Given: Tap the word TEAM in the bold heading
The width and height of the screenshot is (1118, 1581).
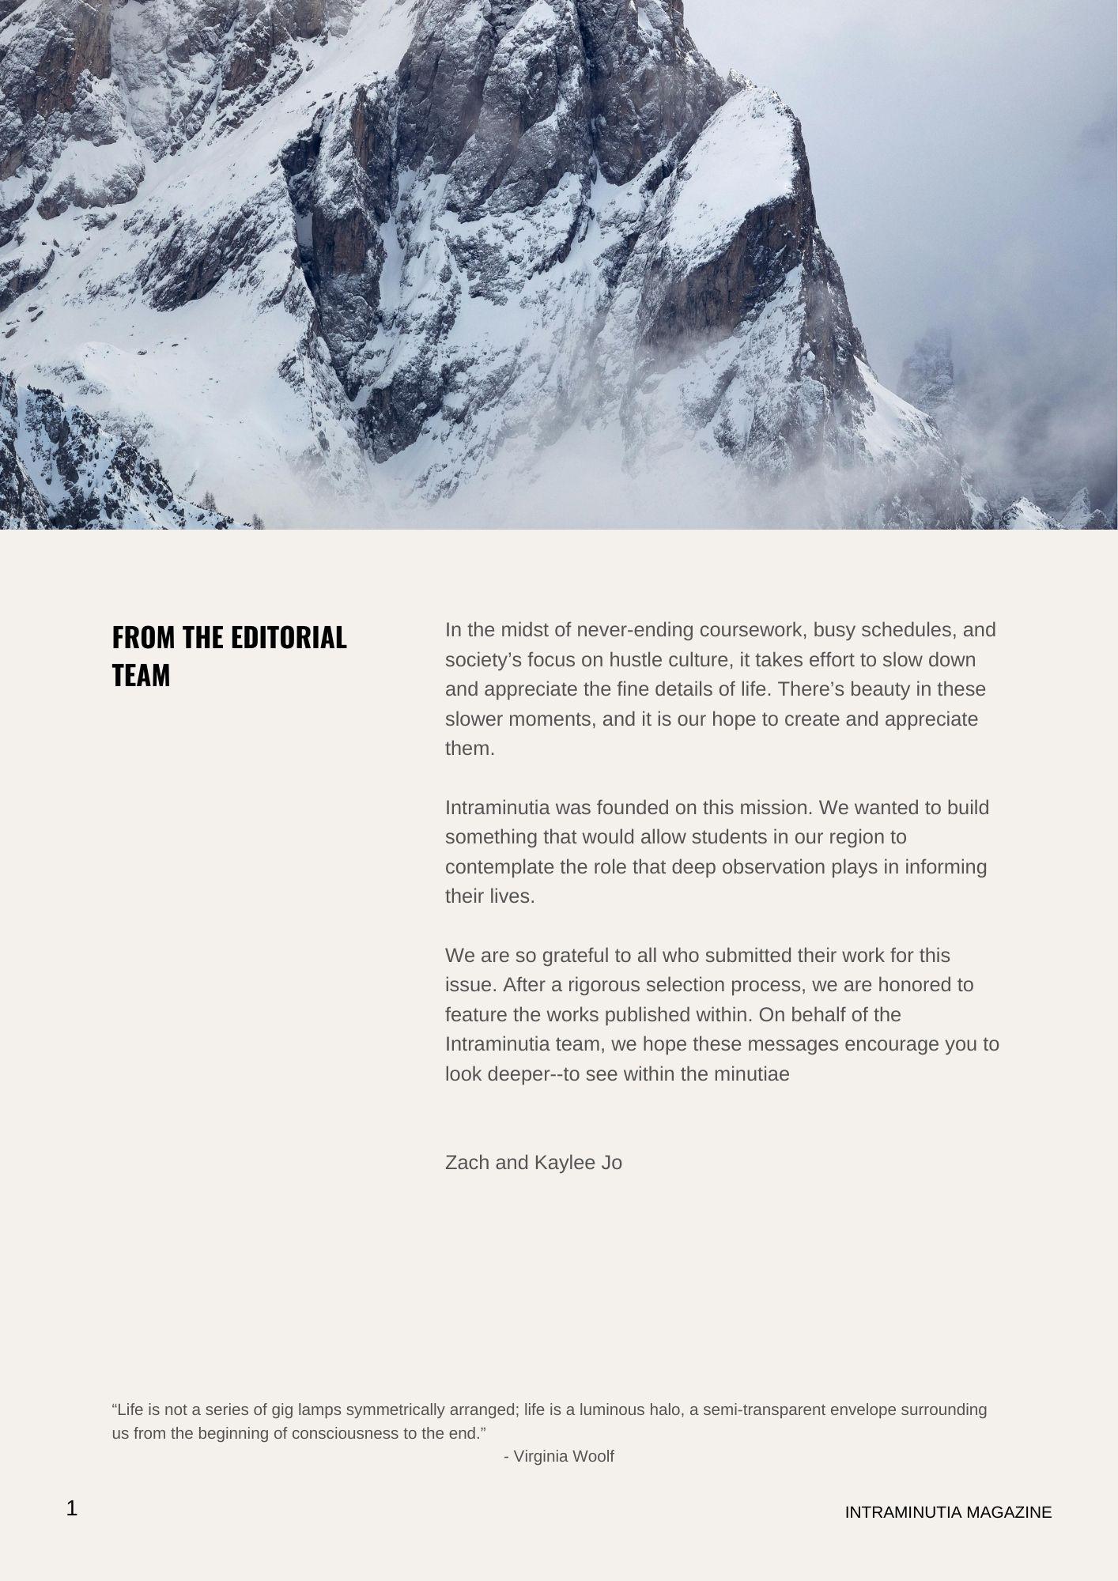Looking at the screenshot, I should [141, 675].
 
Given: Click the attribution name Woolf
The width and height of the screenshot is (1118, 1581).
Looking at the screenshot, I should [593, 1456].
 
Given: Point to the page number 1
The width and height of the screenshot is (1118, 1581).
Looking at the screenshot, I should [72, 1508].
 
